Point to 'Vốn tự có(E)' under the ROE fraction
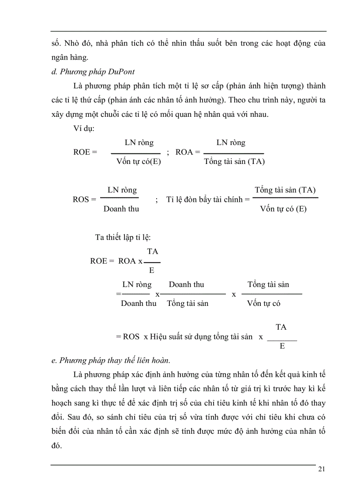coord(139,161)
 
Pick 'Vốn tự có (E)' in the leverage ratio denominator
coord(283,209)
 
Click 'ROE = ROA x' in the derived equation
coord(116,261)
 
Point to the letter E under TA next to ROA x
coord(152,270)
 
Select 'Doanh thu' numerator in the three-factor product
coord(186,285)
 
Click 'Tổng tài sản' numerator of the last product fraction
coord(268,285)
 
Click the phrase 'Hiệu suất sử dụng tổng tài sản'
coord(201,337)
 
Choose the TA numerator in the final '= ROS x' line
coord(281,327)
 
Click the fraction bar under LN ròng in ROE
coord(135,153)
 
